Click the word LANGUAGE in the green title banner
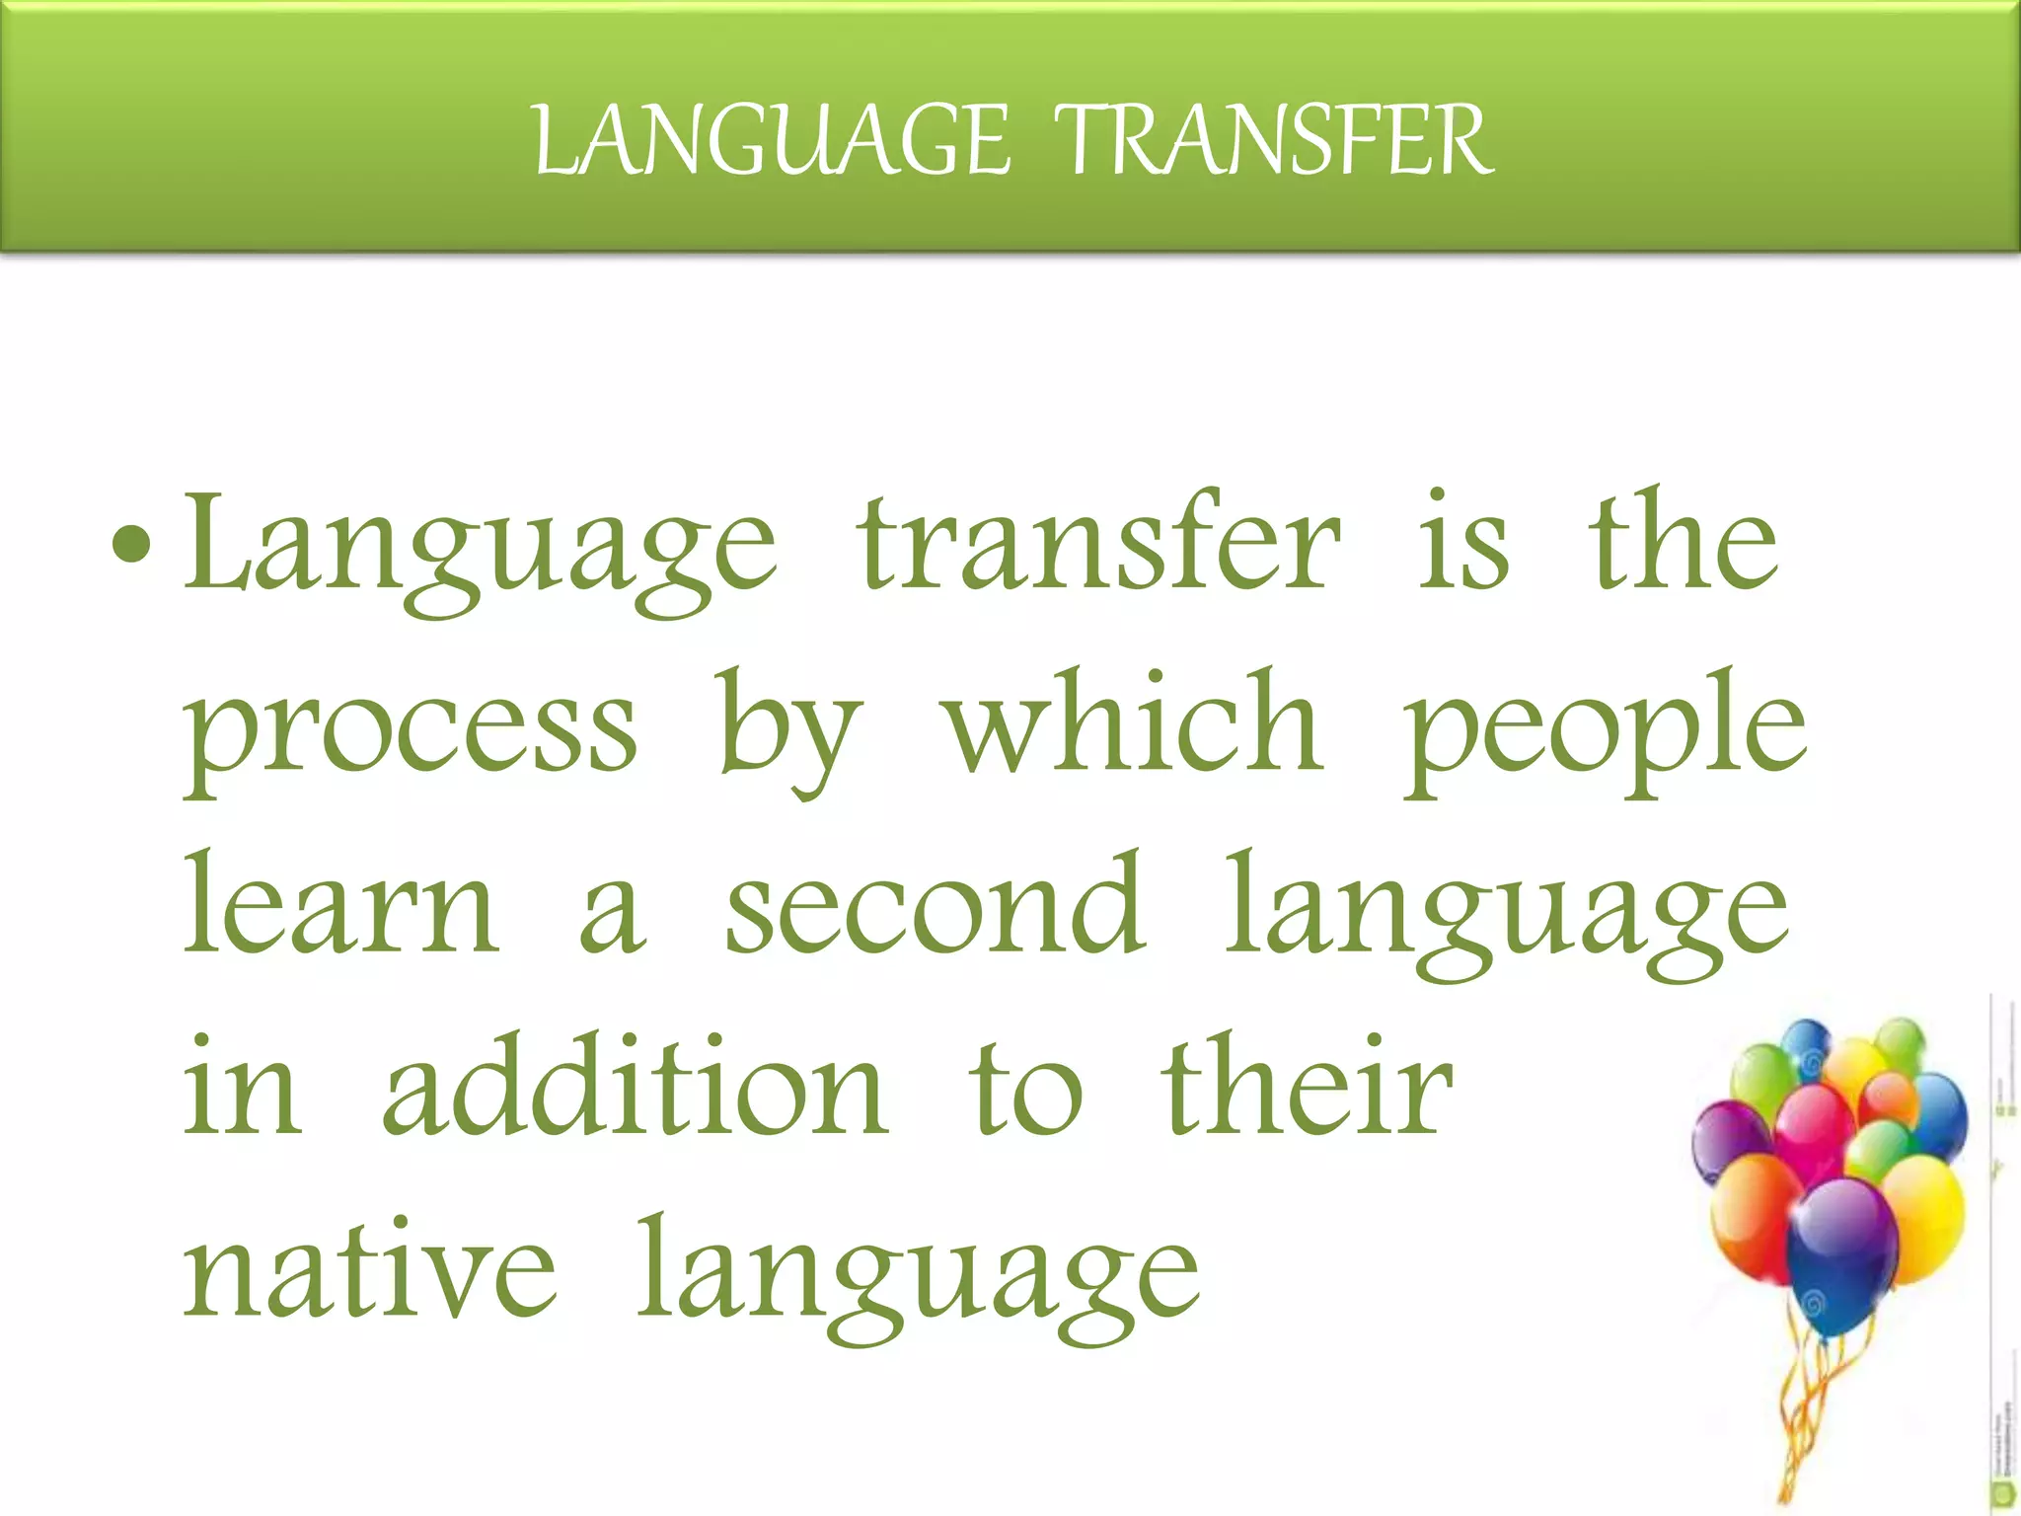tap(771, 142)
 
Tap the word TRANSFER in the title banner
tap(1274, 142)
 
